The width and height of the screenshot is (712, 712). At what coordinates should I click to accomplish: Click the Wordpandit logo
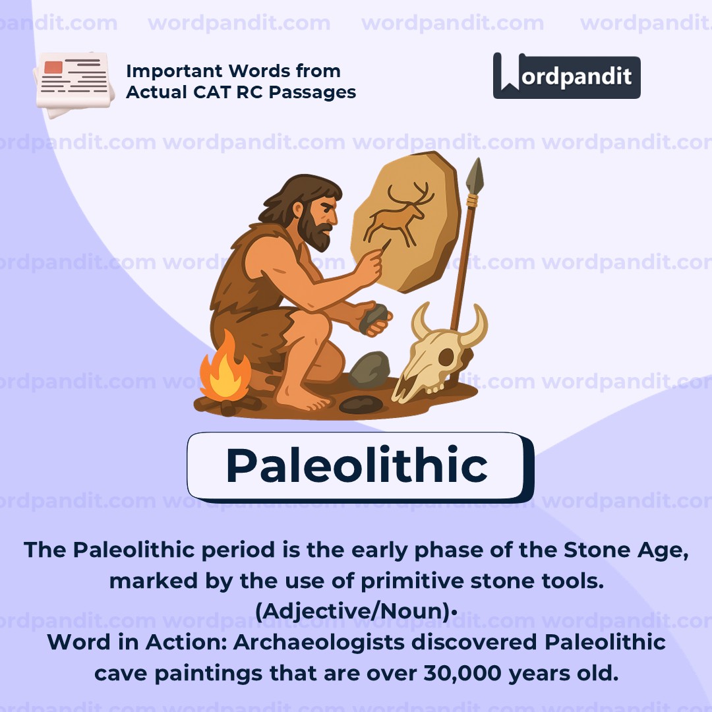tap(566, 76)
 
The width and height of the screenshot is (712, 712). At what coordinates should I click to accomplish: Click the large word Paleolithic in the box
tap(357, 465)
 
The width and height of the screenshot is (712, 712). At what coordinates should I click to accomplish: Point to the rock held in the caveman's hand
tap(374, 318)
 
